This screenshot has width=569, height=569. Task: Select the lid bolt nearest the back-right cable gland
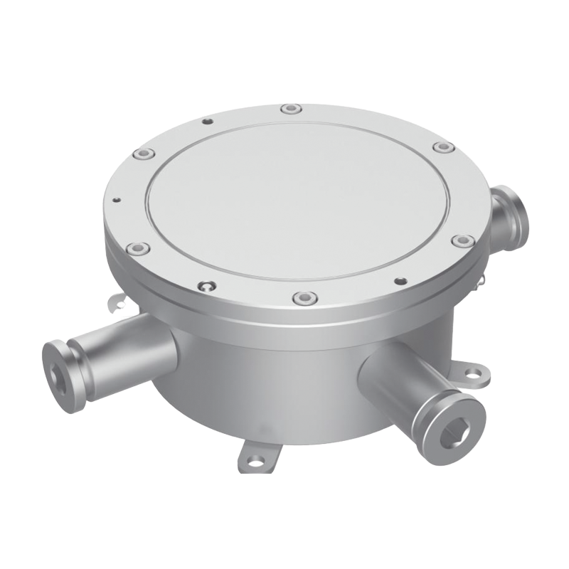click(442, 148)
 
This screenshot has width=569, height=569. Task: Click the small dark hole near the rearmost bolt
click(207, 122)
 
